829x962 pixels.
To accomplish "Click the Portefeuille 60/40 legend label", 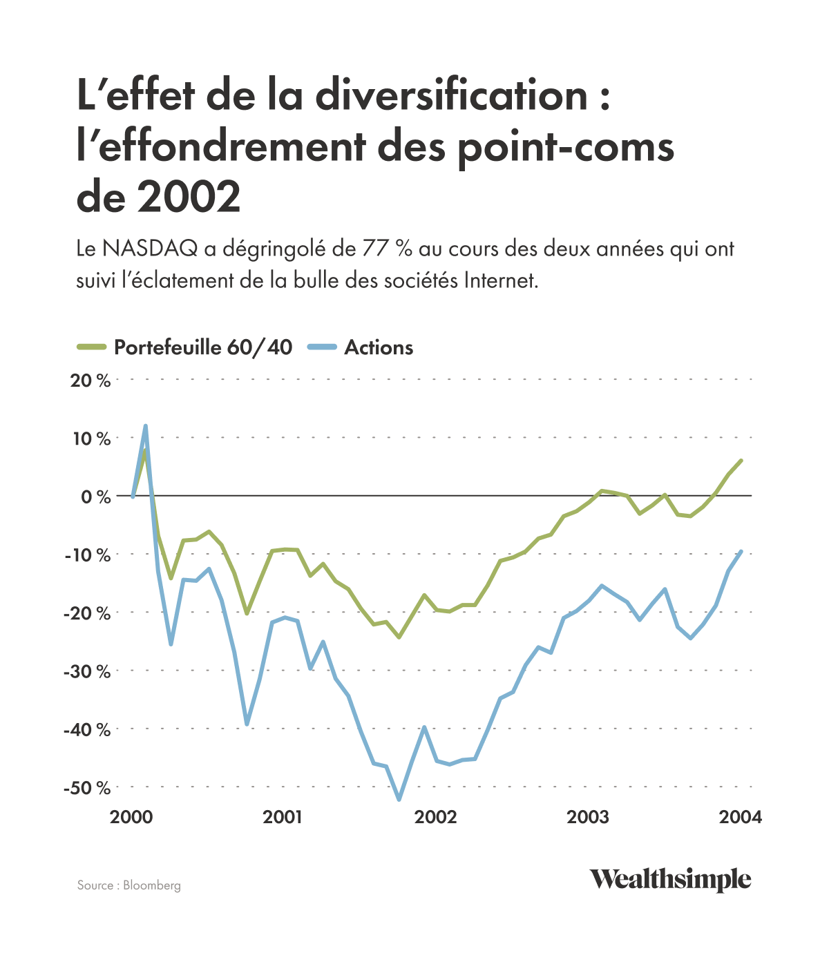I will point(203,347).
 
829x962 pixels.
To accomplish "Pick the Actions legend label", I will point(379,347).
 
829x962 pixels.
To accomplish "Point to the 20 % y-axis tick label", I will point(90,381).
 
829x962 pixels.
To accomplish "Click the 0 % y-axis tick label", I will point(95,497).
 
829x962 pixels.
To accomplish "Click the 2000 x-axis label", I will point(131,818).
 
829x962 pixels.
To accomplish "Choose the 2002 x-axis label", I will point(435,818).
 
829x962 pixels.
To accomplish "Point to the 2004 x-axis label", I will point(740,818).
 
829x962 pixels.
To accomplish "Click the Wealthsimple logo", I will point(669,880).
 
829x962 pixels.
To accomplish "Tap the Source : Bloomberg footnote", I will point(129,885).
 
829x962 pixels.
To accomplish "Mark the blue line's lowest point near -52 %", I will point(399,800).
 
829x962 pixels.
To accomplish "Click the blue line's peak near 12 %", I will point(146,426).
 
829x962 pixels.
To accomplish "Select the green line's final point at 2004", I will point(741,461).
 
